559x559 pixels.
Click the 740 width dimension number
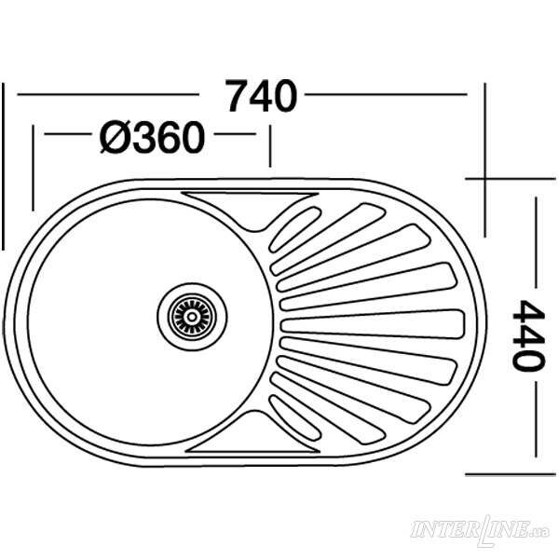262,96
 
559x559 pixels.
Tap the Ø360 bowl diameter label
152,137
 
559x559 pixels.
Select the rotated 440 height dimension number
528,335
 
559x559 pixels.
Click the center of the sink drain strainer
192,317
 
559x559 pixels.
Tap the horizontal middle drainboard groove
373,324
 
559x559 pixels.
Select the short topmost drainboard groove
295,229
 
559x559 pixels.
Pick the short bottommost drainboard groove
294,418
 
